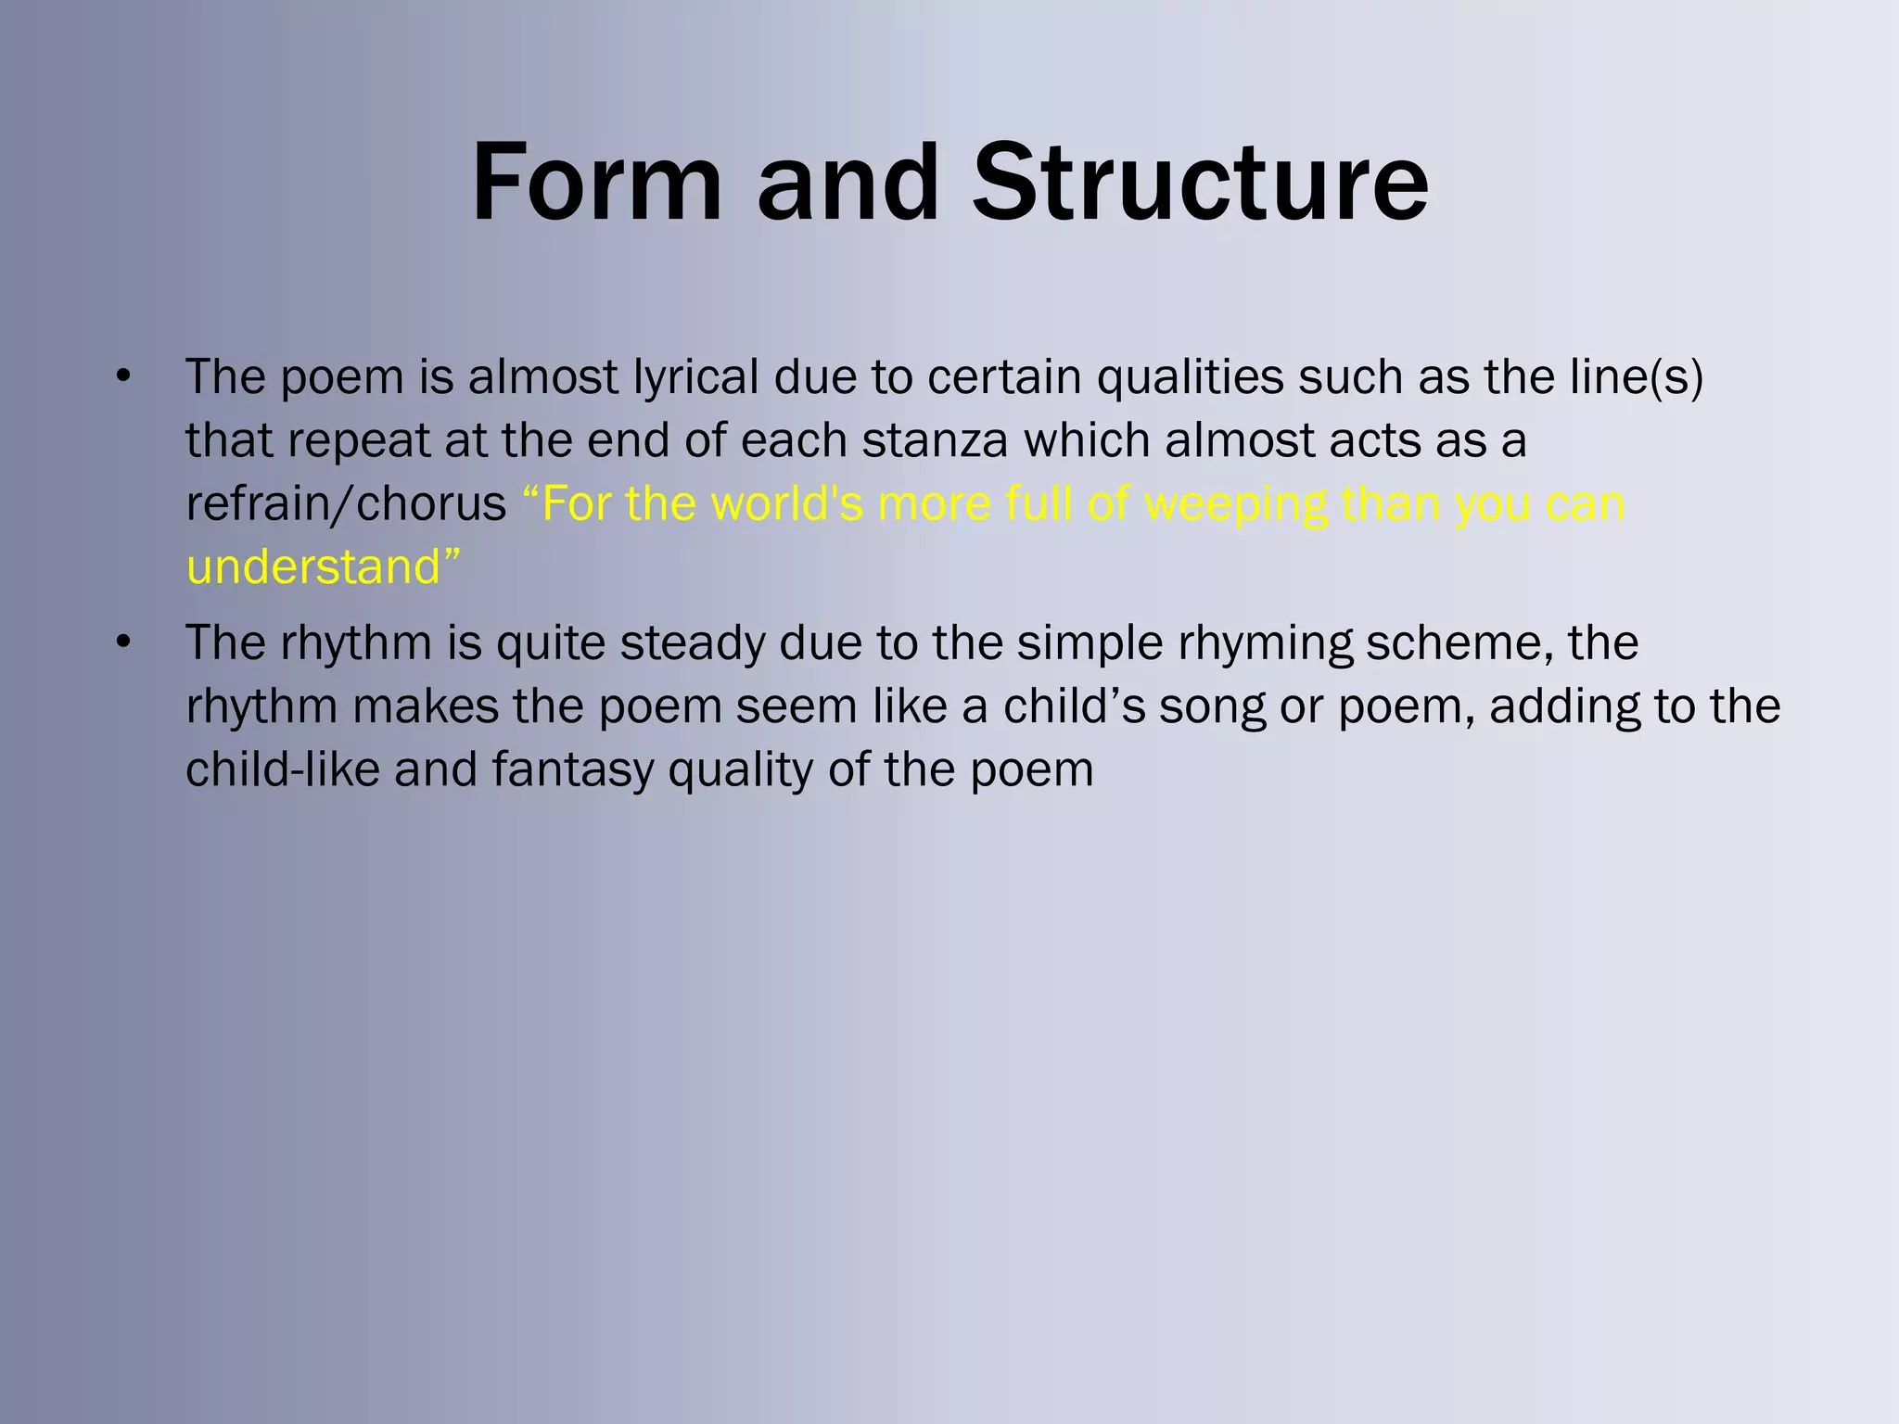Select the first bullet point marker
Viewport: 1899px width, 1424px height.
tap(124, 376)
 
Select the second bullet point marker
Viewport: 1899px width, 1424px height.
tap(124, 642)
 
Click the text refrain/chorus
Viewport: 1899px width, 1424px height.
tap(346, 504)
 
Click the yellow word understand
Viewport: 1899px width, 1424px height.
tap(313, 566)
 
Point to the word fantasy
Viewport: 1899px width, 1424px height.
tap(572, 770)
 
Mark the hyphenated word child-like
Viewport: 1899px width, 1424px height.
tap(283, 769)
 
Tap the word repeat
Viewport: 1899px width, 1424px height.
tap(358, 441)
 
